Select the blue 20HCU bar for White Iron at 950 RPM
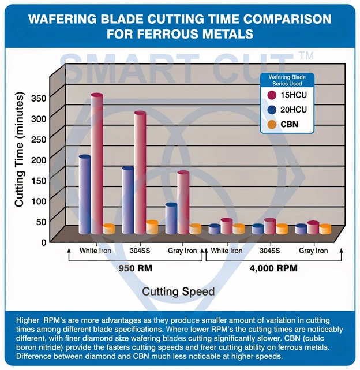tap(84, 193)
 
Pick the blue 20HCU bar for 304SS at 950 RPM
tap(127, 199)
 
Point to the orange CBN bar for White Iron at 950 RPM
tap(108, 229)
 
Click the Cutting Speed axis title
tap(178, 291)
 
